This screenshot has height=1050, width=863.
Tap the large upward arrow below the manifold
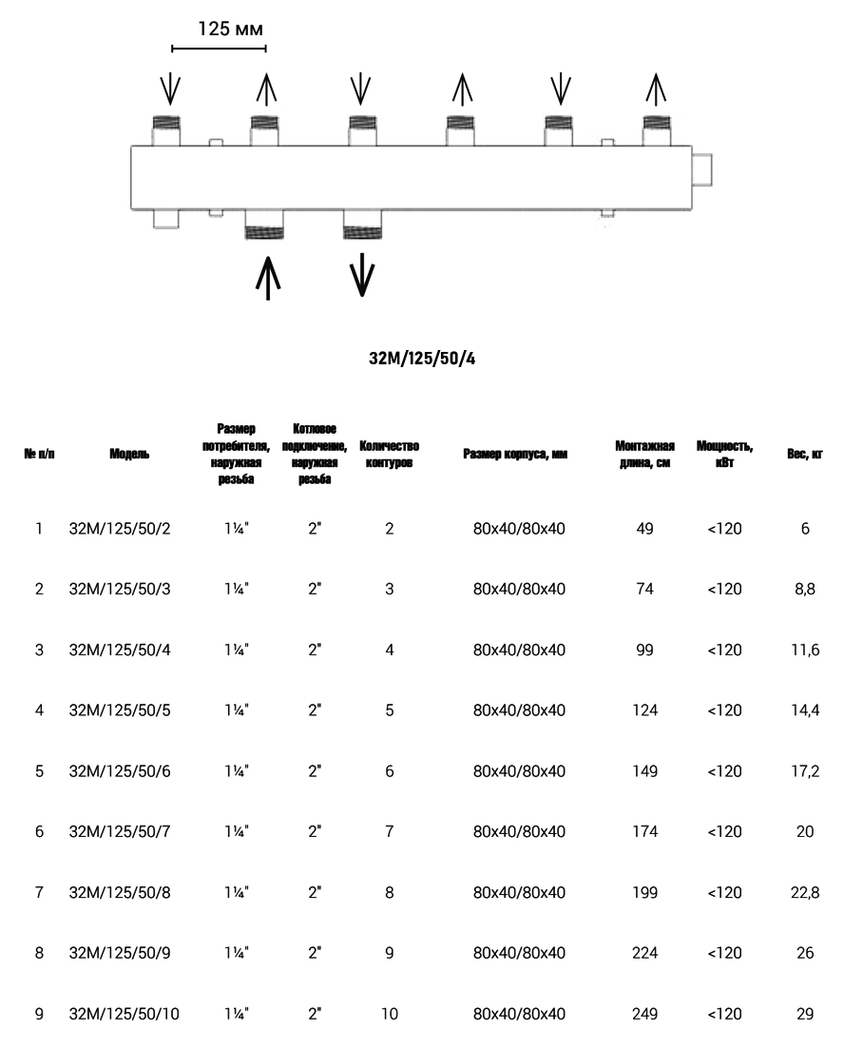coord(269,277)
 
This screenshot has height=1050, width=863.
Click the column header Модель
coord(129,455)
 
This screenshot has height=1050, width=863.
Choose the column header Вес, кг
coord(804,455)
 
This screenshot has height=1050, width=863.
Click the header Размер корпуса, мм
coord(515,455)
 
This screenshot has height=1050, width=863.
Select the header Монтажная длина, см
coord(645,455)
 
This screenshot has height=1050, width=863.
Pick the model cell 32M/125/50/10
coord(125,1014)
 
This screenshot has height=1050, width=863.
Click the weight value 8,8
coord(805,589)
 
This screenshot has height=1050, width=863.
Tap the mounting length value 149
coord(645,771)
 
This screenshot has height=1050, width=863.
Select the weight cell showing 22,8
coord(805,892)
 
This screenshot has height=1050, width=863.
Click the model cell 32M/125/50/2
coord(121,529)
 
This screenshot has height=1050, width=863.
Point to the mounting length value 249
coord(645,1014)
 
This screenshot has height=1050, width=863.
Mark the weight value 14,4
coord(805,710)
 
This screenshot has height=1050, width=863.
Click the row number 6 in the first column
coord(39,831)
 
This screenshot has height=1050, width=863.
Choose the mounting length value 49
coord(645,529)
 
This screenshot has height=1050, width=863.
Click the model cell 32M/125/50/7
coord(121,831)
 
